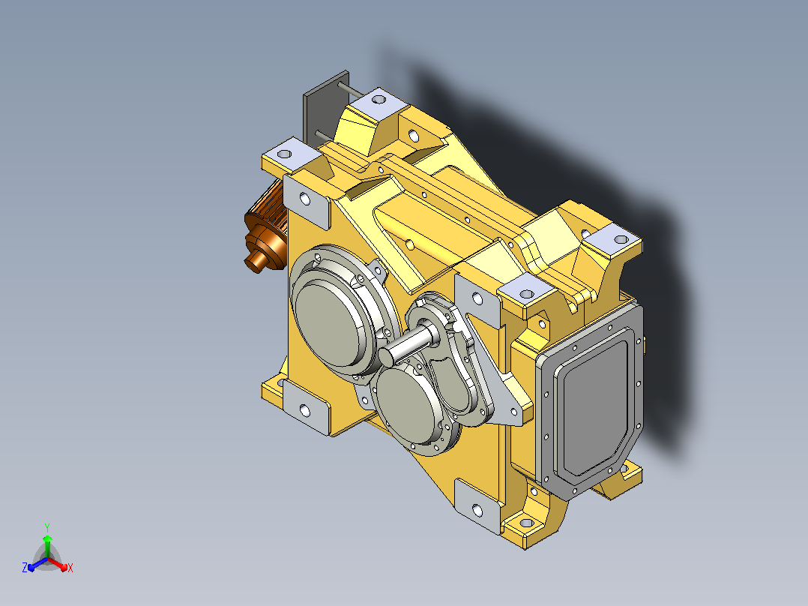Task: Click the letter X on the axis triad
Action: point(70,568)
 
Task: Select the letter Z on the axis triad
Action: point(24,568)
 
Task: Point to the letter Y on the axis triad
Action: point(47,527)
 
